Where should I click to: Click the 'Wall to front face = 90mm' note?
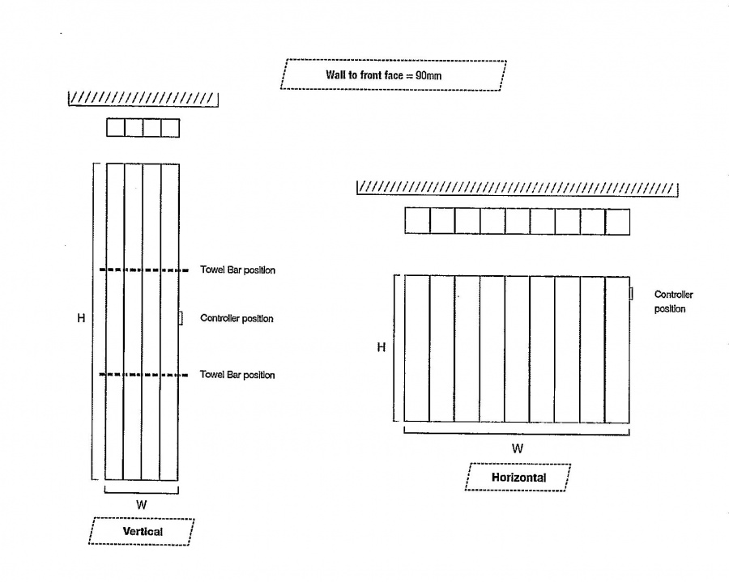(x=393, y=74)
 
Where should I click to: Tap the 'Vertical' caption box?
(x=141, y=531)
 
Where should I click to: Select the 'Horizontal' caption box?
(x=518, y=477)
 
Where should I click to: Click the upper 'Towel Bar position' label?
(x=237, y=270)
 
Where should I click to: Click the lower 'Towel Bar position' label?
(x=237, y=375)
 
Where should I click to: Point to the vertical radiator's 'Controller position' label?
(x=237, y=318)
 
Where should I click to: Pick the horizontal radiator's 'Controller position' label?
(x=673, y=301)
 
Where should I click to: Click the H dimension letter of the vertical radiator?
(x=81, y=318)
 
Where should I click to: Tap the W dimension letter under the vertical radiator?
(x=141, y=505)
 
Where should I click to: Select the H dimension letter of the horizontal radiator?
(x=382, y=347)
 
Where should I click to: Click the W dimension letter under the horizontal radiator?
(x=518, y=448)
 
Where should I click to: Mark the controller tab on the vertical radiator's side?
(x=181, y=318)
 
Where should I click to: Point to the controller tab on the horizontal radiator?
(x=631, y=294)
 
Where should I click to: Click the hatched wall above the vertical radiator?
(x=143, y=99)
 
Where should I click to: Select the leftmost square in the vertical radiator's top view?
(x=115, y=128)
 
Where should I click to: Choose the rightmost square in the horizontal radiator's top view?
(x=617, y=222)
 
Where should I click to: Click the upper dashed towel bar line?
(x=143, y=270)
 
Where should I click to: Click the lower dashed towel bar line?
(x=143, y=375)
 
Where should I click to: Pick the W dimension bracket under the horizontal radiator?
(x=517, y=433)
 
